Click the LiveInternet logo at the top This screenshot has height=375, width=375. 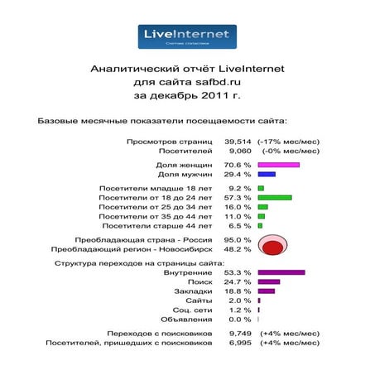point(187,36)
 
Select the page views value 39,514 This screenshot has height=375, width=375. point(238,142)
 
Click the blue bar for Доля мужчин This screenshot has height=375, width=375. point(267,175)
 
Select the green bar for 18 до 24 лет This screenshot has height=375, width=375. point(275,199)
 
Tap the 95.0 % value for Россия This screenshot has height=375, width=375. point(238,239)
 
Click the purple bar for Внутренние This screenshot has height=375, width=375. point(281,272)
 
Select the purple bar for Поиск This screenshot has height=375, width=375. point(269,282)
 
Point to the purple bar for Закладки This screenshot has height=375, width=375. point(267,291)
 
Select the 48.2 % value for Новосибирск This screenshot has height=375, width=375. point(238,248)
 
